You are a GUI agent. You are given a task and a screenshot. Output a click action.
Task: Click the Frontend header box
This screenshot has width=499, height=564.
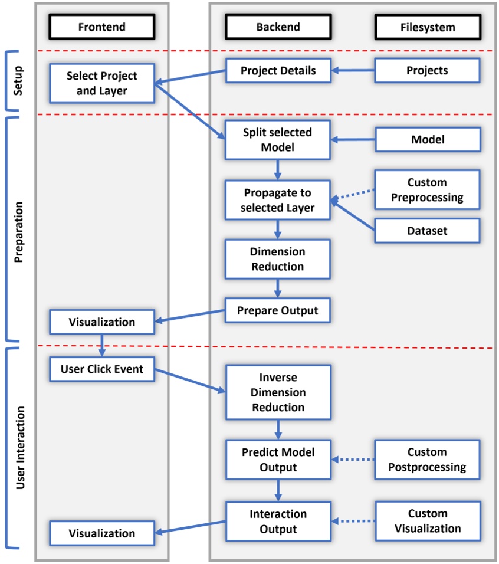tap(101, 27)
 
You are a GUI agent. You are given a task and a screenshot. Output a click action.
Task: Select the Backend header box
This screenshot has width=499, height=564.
tap(278, 27)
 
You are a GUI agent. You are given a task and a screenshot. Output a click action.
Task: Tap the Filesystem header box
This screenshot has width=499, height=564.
tap(428, 27)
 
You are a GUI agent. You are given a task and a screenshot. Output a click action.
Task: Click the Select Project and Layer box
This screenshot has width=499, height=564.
tap(101, 83)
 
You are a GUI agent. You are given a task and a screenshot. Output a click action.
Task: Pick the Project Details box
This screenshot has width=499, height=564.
tap(278, 71)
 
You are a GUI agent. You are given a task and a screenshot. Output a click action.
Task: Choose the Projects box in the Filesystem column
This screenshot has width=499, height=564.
tap(428, 71)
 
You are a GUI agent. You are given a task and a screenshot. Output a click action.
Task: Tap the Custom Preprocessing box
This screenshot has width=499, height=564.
tap(428, 190)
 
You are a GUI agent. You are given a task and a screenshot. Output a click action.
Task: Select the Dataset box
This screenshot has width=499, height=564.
tap(428, 231)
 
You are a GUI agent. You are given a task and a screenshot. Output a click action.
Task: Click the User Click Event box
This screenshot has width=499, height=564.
tap(101, 370)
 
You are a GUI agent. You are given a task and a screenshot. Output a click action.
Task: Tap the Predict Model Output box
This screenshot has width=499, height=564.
tap(278, 460)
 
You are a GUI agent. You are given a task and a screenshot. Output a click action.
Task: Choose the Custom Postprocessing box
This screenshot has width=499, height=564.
tap(428, 460)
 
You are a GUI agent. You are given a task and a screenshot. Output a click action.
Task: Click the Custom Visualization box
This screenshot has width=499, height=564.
tap(428, 521)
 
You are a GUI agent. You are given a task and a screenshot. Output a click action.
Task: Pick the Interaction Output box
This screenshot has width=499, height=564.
tap(278, 521)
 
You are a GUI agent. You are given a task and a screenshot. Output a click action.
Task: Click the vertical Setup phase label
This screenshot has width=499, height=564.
tap(19, 81)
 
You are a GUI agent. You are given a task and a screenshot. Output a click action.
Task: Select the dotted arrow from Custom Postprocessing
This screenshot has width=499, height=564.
tap(353, 460)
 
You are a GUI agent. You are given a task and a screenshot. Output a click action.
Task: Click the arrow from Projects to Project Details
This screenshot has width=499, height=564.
tap(353, 71)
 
